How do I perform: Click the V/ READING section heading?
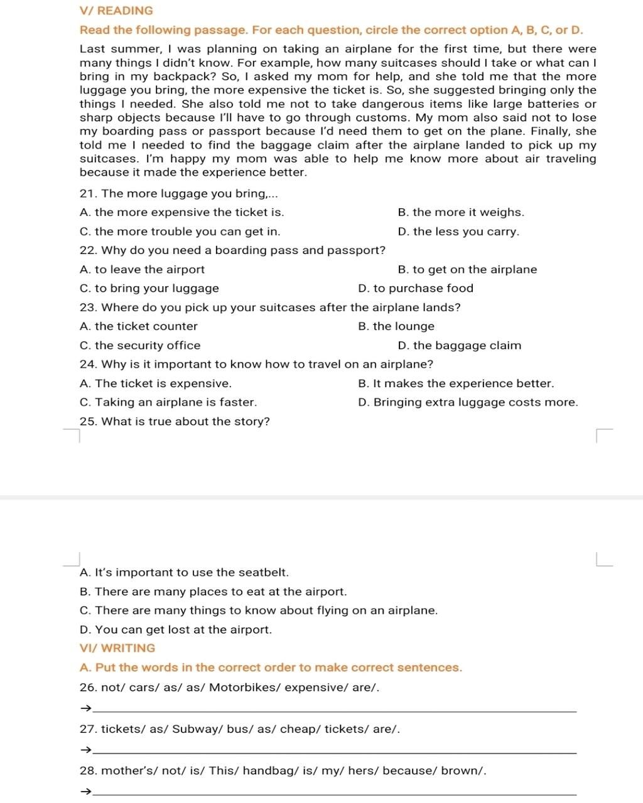(117, 11)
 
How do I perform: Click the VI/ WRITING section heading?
(117, 648)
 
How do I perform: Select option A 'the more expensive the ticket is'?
(182, 213)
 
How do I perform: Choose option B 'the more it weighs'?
(461, 213)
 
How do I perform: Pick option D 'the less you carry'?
(458, 231)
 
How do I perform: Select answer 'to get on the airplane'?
(467, 270)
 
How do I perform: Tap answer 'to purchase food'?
(416, 289)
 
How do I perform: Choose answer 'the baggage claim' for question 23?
(460, 346)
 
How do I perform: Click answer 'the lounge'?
(396, 327)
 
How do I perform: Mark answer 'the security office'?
(140, 346)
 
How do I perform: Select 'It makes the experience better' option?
(456, 384)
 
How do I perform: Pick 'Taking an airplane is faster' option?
(168, 403)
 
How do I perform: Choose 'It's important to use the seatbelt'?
(185, 573)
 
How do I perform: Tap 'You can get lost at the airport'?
(176, 630)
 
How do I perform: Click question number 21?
(87, 194)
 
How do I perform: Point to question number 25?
(88, 422)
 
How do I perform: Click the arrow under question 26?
(86, 709)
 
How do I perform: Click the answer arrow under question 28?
(86, 792)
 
